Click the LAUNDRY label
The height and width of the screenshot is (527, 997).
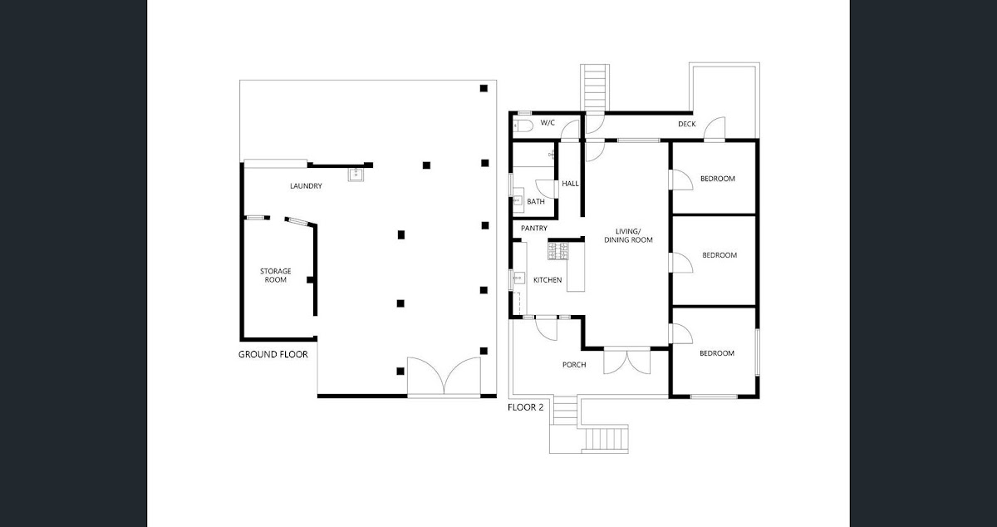(306, 186)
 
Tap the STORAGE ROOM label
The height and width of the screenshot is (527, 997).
(275, 275)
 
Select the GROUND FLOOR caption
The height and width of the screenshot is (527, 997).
(273, 354)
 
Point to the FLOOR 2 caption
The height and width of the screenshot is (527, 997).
(525, 408)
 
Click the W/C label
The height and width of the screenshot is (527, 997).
(548, 123)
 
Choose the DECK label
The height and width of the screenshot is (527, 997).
(686, 125)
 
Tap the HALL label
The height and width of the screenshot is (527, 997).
(570, 184)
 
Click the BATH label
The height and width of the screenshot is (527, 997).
(536, 202)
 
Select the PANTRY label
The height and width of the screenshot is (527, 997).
(533, 229)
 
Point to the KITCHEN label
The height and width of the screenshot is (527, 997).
(548, 280)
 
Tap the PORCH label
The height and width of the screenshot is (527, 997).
(574, 365)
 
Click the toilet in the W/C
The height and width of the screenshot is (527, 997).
(522, 126)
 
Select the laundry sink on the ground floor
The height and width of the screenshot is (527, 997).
(355, 175)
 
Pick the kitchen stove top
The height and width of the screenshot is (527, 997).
(557, 248)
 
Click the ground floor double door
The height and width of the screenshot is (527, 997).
(444, 376)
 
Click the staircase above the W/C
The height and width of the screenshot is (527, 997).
(595, 86)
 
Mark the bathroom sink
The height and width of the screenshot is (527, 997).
(517, 201)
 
